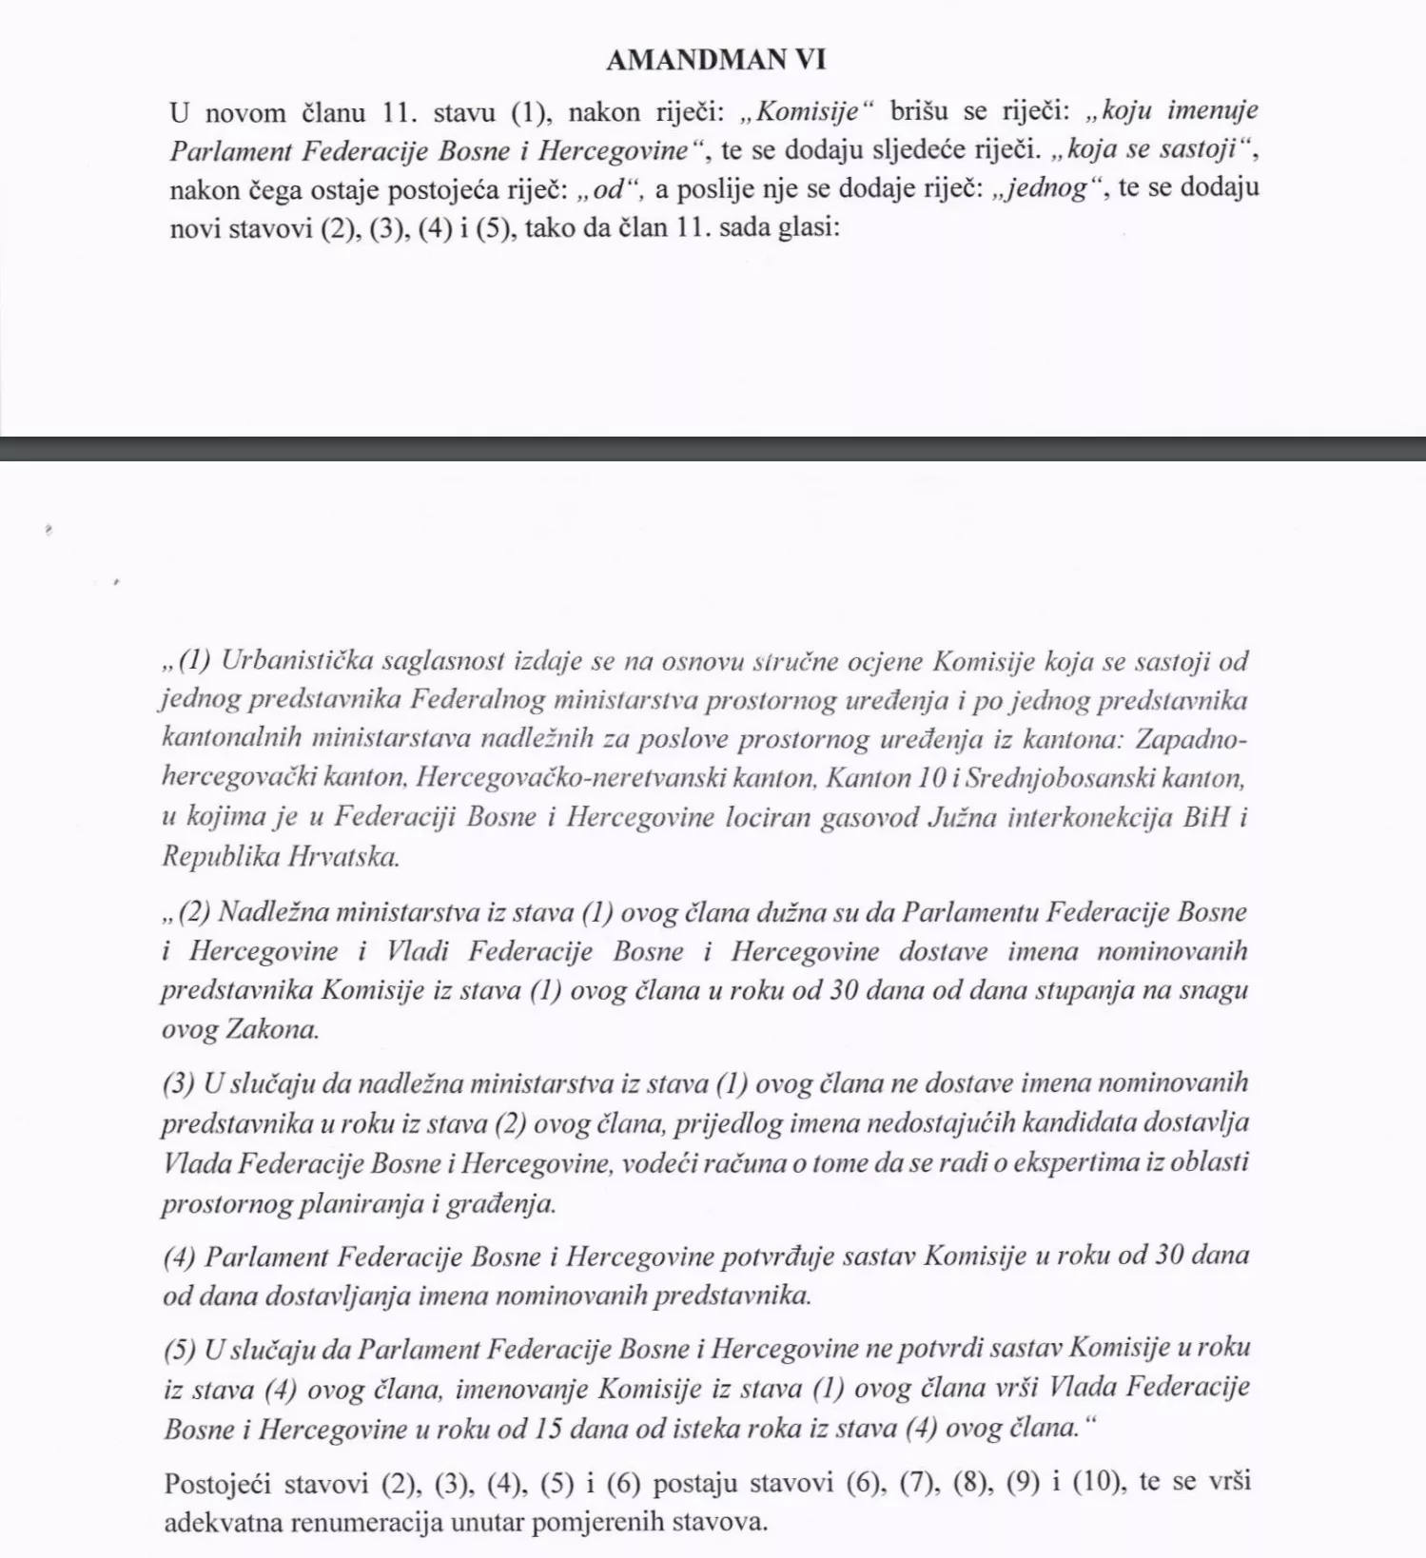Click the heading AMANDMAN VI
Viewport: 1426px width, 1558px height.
pos(715,60)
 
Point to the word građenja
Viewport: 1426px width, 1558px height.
pos(500,1203)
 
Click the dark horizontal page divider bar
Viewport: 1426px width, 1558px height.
pos(713,449)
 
